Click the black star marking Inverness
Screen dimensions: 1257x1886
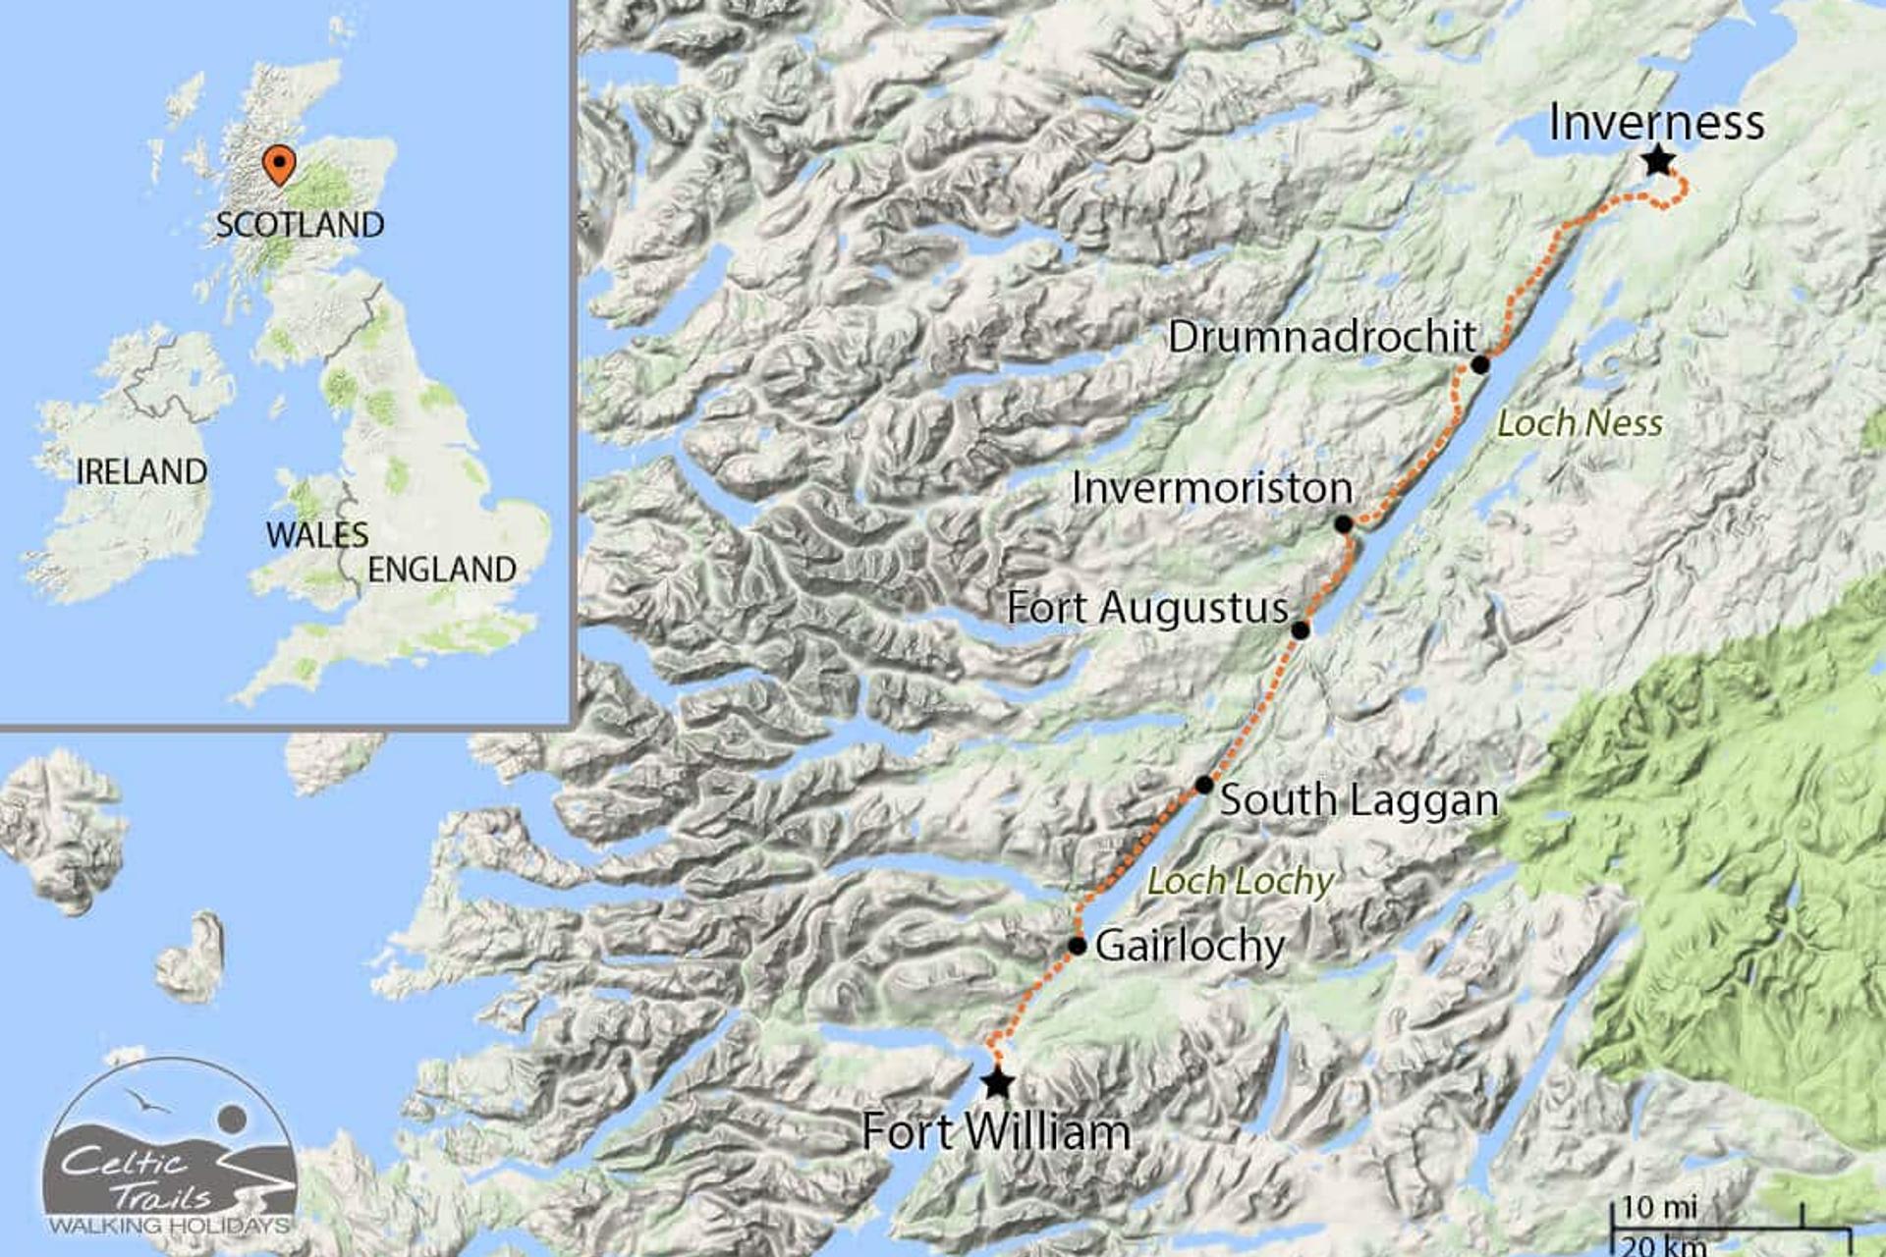pyautogui.click(x=1658, y=160)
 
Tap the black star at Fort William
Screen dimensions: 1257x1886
pyautogui.click(x=998, y=1082)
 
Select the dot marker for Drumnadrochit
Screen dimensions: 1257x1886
pyautogui.click(x=1480, y=365)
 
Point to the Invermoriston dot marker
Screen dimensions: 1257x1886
pyautogui.click(x=1344, y=524)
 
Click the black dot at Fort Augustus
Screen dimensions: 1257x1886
pyautogui.click(x=1300, y=630)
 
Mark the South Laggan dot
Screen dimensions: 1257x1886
pyautogui.click(x=1204, y=785)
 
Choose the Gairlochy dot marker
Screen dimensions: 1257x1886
pyautogui.click(x=1078, y=947)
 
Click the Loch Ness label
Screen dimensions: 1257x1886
pyautogui.click(x=1580, y=424)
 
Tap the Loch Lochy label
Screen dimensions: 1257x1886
pyautogui.click(x=1241, y=882)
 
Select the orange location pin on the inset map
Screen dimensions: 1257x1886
pyautogui.click(x=280, y=164)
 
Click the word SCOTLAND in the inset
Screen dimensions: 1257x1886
pyautogui.click(x=300, y=225)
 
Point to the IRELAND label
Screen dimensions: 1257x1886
pyautogui.click(x=141, y=472)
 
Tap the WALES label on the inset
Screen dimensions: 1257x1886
pyautogui.click(x=317, y=535)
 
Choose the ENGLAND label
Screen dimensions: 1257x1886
pyautogui.click(x=442, y=570)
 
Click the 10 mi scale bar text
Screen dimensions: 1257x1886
pyautogui.click(x=1659, y=1207)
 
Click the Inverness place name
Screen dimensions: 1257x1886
pyautogui.click(x=1656, y=123)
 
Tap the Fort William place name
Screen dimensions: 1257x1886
pyautogui.click(x=996, y=1132)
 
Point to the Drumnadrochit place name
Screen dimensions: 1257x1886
pyautogui.click(x=1322, y=337)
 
